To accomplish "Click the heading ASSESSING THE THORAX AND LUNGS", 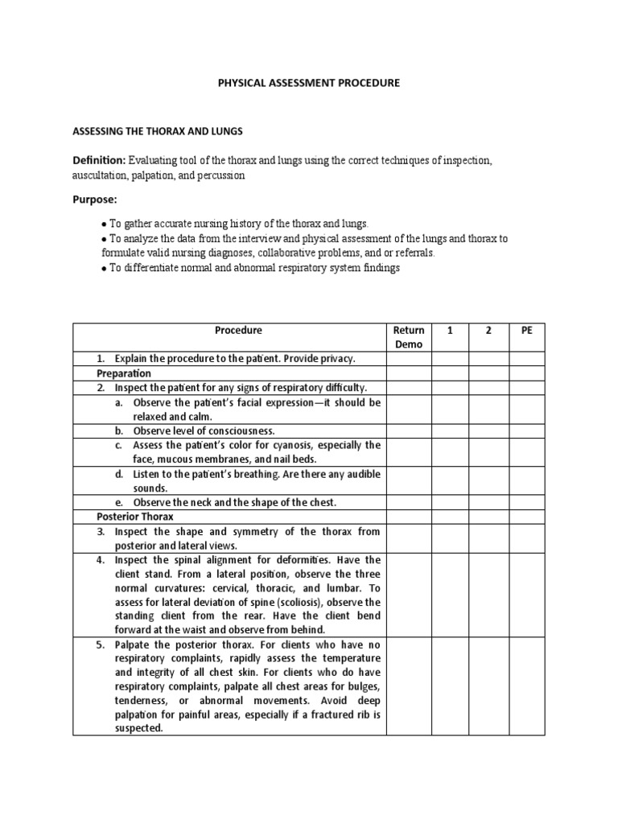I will (x=158, y=130).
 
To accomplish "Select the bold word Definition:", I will (x=99, y=161).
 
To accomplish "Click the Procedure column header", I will (x=238, y=330).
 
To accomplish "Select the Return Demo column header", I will (x=409, y=336).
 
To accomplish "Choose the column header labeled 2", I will (x=489, y=330).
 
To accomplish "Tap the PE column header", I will (x=527, y=330).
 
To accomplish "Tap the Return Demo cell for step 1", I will (x=409, y=359).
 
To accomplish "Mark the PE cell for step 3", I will (x=527, y=538).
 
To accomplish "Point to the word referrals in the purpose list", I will (x=411, y=253).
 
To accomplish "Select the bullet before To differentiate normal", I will (x=104, y=269).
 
